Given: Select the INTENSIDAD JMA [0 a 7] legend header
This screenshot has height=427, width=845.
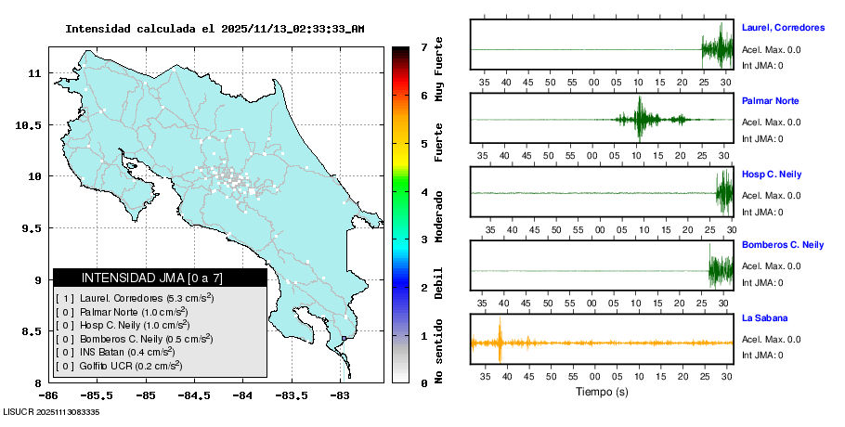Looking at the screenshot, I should (160, 278).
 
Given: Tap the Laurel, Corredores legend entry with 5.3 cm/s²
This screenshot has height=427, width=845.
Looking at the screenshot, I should (135, 298).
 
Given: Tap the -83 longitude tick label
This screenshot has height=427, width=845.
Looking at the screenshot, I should (339, 396).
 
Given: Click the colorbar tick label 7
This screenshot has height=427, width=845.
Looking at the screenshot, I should (423, 46).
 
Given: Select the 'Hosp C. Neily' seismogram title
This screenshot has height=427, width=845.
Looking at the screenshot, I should (772, 175).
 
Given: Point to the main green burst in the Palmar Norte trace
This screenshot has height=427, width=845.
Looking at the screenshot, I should (639, 119).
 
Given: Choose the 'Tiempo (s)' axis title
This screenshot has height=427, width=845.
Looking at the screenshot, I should (603, 392).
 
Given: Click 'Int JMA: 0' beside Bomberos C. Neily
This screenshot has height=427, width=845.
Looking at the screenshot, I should (762, 283).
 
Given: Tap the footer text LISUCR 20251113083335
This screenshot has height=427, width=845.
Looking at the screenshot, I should (52, 412).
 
